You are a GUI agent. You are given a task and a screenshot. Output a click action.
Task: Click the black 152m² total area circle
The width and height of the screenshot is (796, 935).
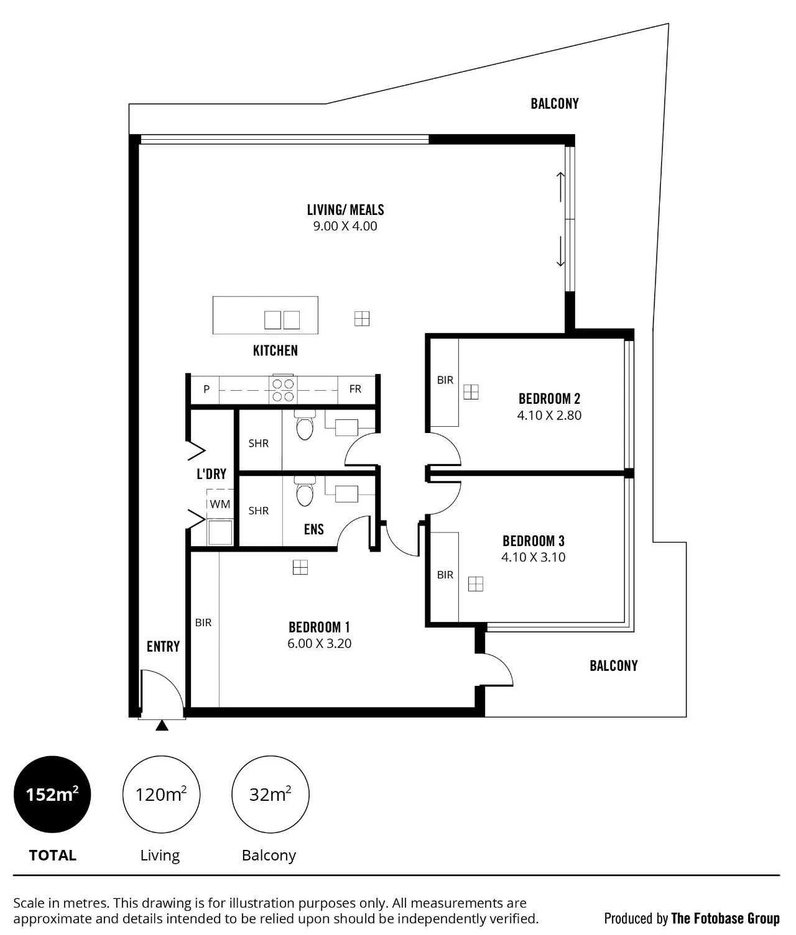pyautogui.click(x=52, y=795)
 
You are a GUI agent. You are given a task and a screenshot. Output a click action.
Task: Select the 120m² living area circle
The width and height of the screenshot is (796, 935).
pyautogui.click(x=161, y=795)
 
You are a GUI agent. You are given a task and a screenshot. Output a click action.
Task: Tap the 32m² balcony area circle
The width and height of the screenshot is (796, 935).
pyautogui.click(x=271, y=795)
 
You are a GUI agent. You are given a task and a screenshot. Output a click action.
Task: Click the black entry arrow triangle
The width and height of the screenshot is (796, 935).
pyautogui.click(x=162, y=726)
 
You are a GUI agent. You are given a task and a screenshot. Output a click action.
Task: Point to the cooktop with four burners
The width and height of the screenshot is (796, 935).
pyautogui.click(x=283, y=390)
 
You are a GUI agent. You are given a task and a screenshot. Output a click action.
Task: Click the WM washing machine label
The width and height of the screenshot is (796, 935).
pyautogui.click(x=220, y=504)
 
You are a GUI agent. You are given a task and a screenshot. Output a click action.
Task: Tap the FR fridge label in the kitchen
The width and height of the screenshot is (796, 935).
pyautogui.click(x=356, y=388)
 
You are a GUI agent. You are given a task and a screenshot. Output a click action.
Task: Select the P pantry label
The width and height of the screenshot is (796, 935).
pyautogui.click(x=206, y=388)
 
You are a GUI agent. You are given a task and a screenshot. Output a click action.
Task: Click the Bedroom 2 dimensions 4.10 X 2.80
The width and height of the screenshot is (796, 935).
pyautogui.click(x=549, y=415)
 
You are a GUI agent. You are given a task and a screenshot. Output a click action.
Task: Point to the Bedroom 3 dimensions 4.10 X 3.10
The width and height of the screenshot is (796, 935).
pyautogui.click(x=534, y=557)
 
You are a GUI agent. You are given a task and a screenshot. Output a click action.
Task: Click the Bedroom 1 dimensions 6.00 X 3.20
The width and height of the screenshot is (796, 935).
pyautogui.click(x=319, y=643)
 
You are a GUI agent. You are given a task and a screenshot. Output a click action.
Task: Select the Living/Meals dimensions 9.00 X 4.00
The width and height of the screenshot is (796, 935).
pyautogui.click(x=345, y=226)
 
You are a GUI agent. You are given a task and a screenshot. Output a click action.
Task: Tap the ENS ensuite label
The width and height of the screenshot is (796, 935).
pyautogui.click(x=314, y=529)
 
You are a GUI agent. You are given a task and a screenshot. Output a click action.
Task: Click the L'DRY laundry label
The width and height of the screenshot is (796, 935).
pyautogui.click(x=211, y=473)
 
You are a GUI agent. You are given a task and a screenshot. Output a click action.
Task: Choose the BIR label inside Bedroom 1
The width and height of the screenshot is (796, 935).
pyautogui.click(x=203, y=623)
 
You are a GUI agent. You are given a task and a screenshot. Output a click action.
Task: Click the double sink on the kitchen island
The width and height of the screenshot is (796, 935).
pyautogui.click(x=282, y=320)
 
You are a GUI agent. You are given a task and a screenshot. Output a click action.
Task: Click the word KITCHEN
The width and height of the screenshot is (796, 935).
pyautogui.click(x=275, y=350)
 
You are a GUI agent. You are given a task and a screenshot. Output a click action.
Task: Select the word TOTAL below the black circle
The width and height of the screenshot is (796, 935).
pyautogui.click(x=52, y=855)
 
